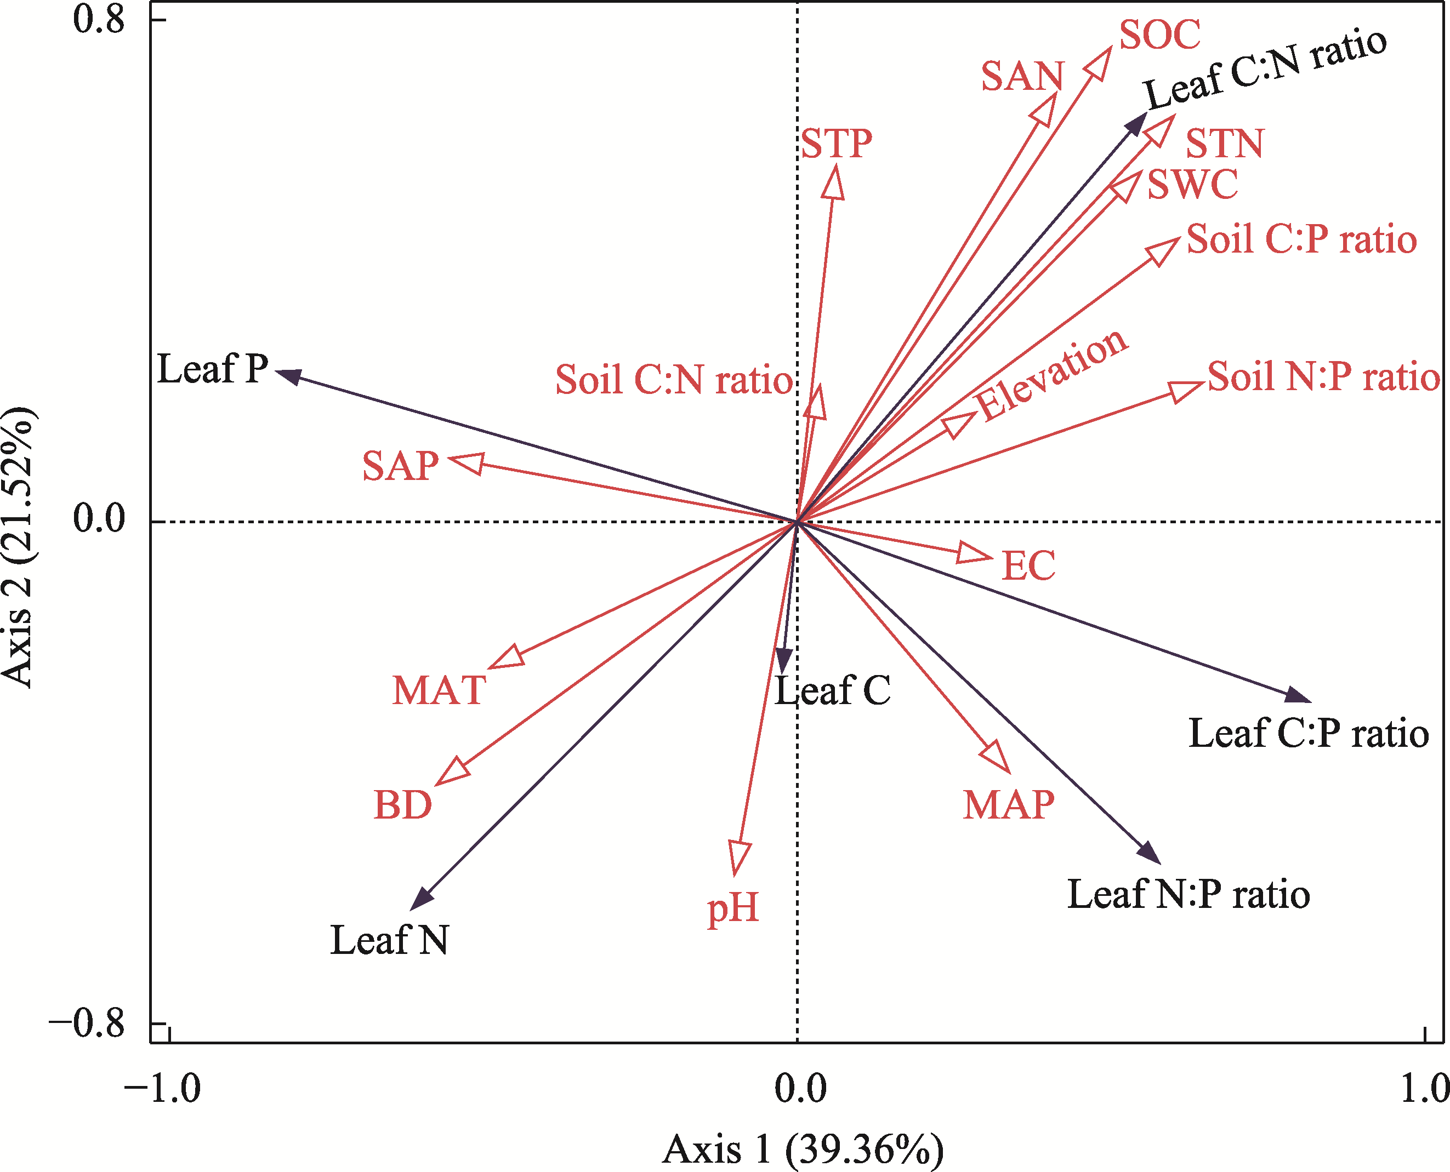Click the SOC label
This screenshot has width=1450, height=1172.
(x=1159, y=35)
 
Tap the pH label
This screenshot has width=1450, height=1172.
(x=733, y=908)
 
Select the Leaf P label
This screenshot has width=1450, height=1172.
(x=213, y=369)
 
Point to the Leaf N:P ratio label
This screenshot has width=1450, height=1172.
(x=1189, y=895)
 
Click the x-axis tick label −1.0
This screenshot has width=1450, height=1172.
(x=162, y=1088)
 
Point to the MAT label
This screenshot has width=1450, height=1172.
(x=439, y=690)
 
